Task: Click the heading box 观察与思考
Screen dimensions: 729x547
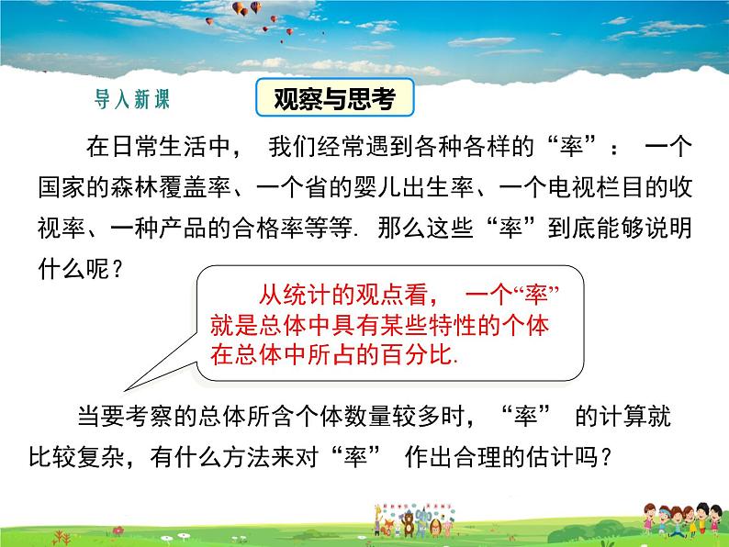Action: [335, 97]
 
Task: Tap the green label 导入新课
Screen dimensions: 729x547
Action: [132, 99]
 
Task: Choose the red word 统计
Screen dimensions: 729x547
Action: [307, 296]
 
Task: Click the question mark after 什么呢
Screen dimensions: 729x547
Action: [118, 270]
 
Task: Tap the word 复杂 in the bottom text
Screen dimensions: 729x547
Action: [101, 457]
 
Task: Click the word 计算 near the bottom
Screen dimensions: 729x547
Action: [624, 416]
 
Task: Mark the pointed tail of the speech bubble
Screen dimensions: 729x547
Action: [125, 390]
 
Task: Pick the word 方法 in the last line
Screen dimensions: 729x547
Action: [246, 457]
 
